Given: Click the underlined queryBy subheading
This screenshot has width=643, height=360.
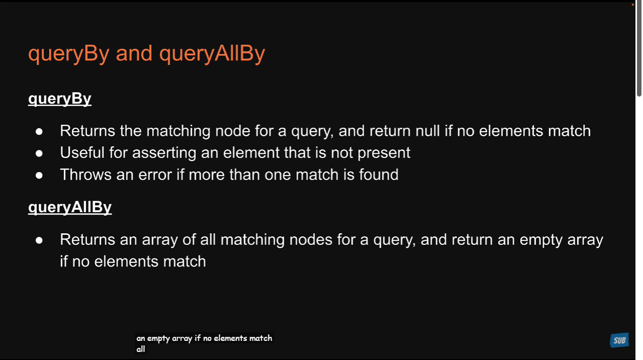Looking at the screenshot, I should (x=60, y=99).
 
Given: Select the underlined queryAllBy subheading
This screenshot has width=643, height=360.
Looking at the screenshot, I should (x=70, y=207).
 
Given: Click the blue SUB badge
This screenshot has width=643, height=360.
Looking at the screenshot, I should (x=619, y=340).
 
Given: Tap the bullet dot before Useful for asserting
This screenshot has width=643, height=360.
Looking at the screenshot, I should (x=39, y=153).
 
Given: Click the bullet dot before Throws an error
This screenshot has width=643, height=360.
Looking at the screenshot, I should (x=39, y=175).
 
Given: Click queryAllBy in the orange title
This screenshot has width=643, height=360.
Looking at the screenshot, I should (x=212, y=53).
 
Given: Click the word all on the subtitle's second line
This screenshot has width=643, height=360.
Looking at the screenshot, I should (x=141, y=349).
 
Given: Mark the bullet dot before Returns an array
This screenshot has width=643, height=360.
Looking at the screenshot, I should (x=39, y=240).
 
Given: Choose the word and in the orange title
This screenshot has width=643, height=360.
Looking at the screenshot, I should (x=134, y=53).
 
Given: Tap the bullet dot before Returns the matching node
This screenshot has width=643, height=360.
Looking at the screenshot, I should (x=39, y=131).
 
